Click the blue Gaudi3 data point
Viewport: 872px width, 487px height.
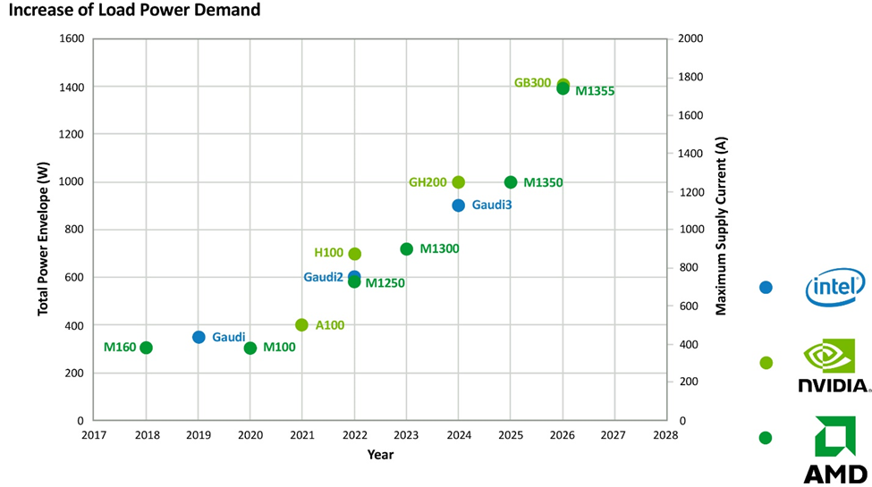[x=458, y=206]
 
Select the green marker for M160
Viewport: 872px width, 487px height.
[x=146, y=348]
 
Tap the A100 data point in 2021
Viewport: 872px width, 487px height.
[x=301, y=324]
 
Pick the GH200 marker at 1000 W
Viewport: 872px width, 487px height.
[x=458, y=181]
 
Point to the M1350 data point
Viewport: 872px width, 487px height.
[x=511, y=181]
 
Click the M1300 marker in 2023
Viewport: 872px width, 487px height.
[x=407, y=249]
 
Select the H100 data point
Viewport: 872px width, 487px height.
[x=354, y=254]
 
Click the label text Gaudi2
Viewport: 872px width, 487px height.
[x=323, y=277]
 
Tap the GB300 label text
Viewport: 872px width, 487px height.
[x=532, y=83]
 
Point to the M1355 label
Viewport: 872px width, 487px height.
[x=595, y=91]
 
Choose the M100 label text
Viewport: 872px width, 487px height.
[x=279, y=348]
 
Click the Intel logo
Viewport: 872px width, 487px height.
[x=835, y=288]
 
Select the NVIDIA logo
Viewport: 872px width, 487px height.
[x=834, y=365]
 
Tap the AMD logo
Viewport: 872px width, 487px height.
[x=835, y=449]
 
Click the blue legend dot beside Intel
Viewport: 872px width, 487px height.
[x=766, y=288]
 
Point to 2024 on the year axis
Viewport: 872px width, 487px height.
[x=458, y=435]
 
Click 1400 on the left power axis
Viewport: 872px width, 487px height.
[x=72, y=88]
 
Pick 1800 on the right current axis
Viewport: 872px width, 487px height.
[x=690, y=77]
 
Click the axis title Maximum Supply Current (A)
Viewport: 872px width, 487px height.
[x=721, y=226]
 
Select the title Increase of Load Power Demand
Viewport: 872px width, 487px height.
[x=134, y=10]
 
